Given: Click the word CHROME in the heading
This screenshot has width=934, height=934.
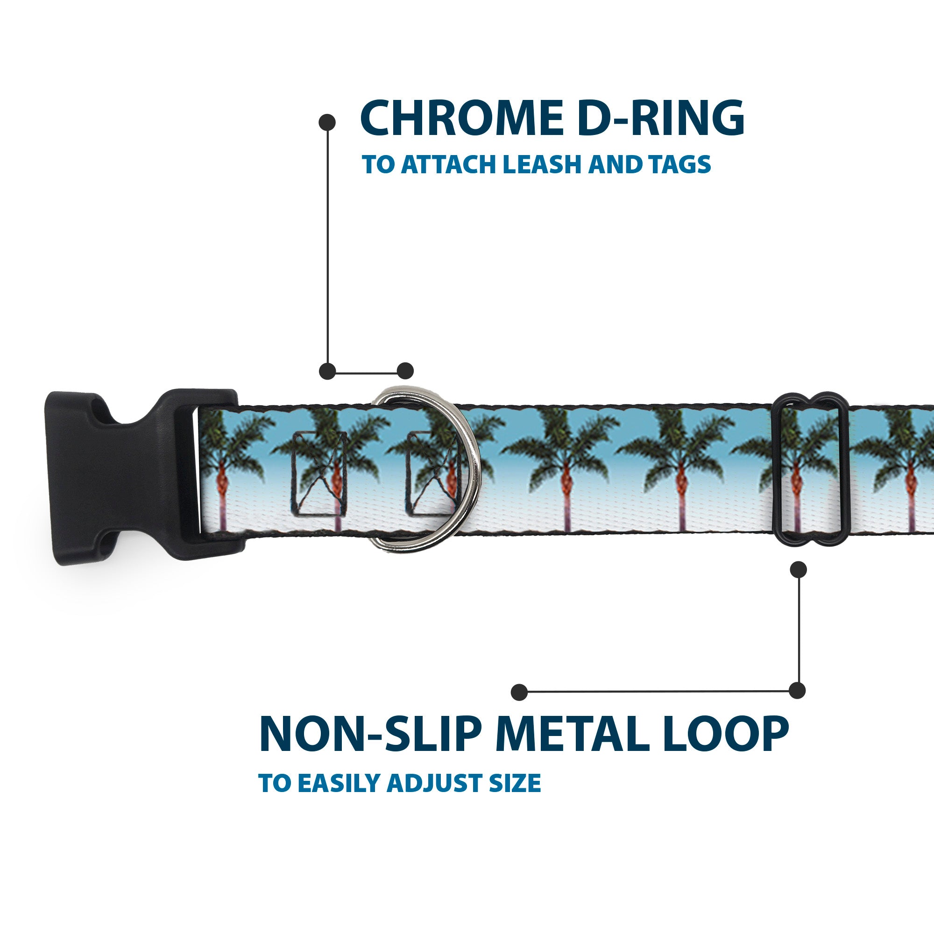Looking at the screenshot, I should tap(462, 118).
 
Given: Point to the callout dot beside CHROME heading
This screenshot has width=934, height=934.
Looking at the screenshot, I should tap(327, 122).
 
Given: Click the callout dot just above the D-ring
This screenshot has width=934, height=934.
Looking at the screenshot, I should tap(405, 371).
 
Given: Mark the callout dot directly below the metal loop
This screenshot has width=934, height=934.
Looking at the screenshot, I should tap(798, 569).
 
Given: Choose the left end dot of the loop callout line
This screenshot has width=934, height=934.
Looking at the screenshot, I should tap(519, 692).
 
